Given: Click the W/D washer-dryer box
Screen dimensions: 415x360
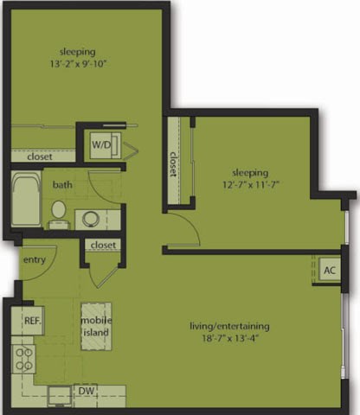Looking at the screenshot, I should click(x=101, y=145).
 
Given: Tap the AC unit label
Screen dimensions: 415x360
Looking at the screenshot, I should click(x=330, y=270).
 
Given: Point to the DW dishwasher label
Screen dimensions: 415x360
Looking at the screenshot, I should click(x=85, y=391).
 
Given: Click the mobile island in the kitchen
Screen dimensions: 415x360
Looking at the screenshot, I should click(x=94, y=326).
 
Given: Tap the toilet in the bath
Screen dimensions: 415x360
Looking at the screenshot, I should click(x=58, y=210).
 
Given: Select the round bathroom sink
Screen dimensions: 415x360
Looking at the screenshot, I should click(x=87, y=217).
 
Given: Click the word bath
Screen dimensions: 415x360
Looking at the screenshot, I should click(x=62, y=185).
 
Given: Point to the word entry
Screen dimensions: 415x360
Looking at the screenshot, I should click(x=33, y=259).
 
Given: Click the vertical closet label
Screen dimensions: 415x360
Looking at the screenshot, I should click(x=174, y=164).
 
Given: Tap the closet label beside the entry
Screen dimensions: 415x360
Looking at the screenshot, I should click(x=103, y=246).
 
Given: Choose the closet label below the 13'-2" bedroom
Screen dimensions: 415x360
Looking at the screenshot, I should click(x=40, y=157).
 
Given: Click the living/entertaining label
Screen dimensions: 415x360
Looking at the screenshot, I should click(x=230, y=326).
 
